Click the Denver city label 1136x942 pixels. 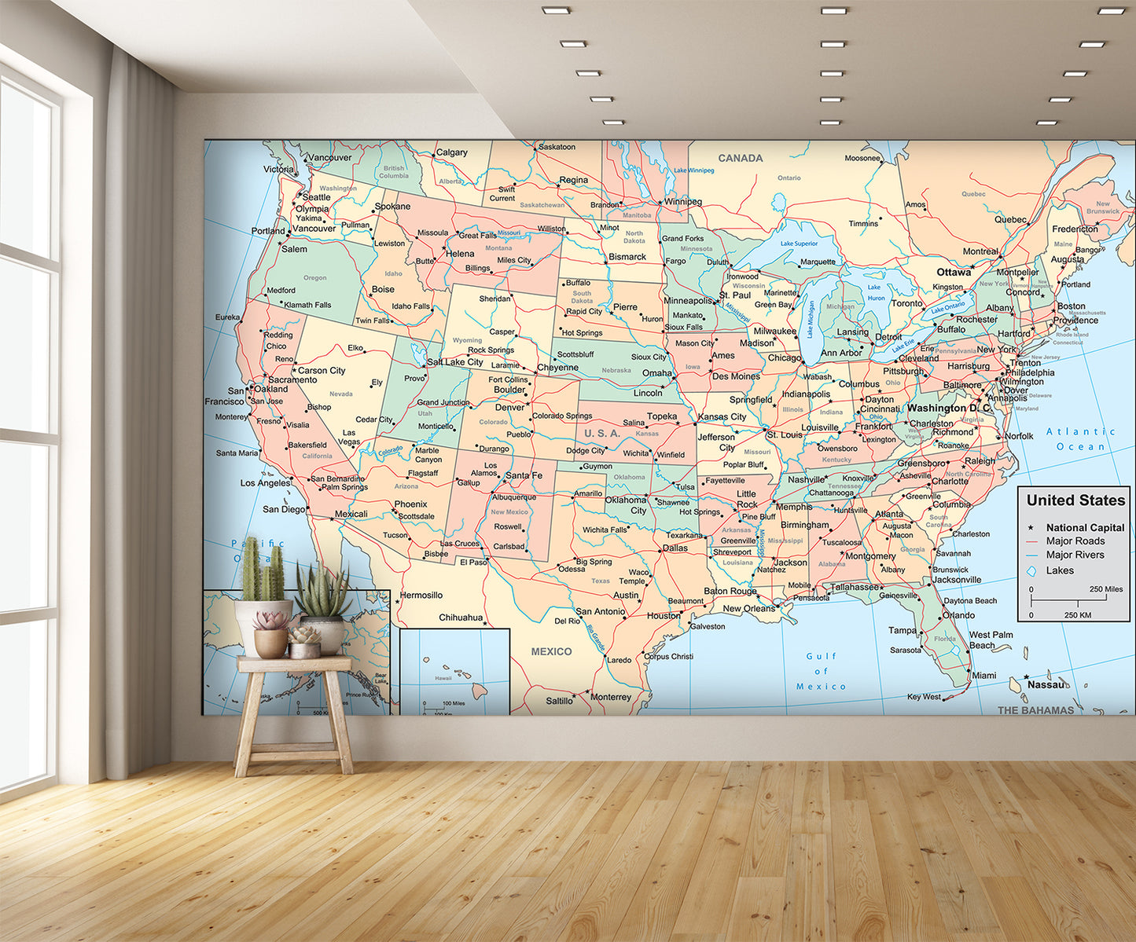coord(509,408)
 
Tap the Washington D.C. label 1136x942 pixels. coord(948,409)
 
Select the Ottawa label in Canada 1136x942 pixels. coord(954,272)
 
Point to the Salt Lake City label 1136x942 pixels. coord(455,362)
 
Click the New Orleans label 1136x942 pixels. coord(748,608)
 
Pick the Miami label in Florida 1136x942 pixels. coord(983,675)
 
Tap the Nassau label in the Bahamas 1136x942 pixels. coord(1046,684)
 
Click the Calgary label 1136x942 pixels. coord(451,152)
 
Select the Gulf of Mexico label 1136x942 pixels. coord(821,671)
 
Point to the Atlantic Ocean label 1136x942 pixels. coord(1081,439)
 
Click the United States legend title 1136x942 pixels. coord(1075,500)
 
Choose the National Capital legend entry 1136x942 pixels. coord(1085,528)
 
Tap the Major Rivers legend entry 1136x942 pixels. coord(1075,555)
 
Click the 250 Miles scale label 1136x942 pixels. coord(1105,589)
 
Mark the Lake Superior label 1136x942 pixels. coord(799,244)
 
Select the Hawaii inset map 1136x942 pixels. coord(454,671)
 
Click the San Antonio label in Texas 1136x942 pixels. coord(600,611)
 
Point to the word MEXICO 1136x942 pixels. coord(551,651)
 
